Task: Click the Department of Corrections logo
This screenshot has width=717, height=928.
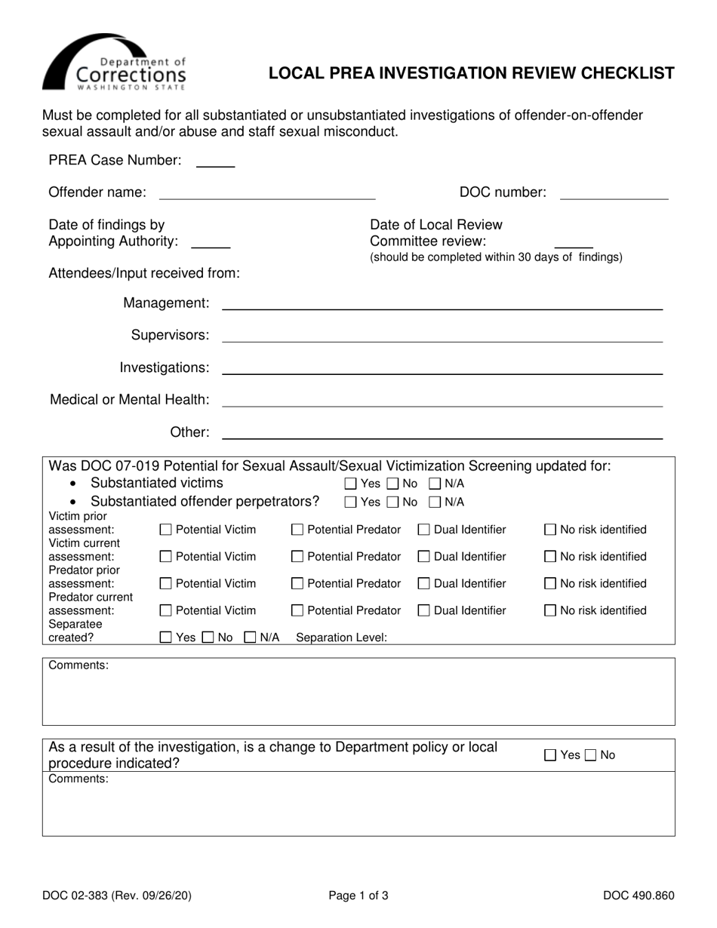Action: (114, 63)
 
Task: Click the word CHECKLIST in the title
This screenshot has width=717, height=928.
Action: (624, 73)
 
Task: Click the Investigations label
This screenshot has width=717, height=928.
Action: (164, 367)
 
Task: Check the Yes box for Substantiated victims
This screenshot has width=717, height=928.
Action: (350, 484)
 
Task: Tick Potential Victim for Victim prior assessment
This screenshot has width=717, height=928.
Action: (166, 530)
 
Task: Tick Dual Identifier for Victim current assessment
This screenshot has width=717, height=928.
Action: (424, 558)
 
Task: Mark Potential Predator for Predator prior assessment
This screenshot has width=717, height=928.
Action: (297, 585)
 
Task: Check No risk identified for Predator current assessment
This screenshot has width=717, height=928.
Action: (551, 611)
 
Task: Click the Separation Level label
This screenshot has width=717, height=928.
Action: (341, 638)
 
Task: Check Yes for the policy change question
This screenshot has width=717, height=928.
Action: (551, 755)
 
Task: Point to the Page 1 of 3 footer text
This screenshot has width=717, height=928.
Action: (358, 897)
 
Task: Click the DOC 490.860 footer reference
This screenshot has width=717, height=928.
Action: (639, 897)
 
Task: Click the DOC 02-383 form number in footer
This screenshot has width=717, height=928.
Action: (117, 897)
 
